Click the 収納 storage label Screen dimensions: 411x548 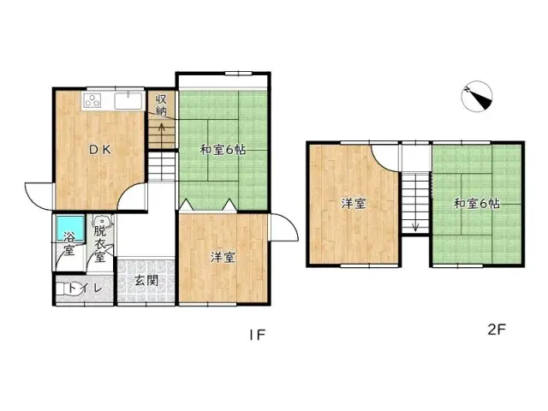click(x=161, y=105)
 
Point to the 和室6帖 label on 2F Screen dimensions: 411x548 click(x=477, y=204)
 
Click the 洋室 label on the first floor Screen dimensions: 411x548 click(x=223, y=257)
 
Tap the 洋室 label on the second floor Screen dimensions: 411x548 click(x=354, y=204)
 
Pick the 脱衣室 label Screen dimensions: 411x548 click(x=100, y=243)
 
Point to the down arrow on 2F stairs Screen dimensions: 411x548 click(x=415, y=224)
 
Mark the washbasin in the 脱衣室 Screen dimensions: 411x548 click(x=102, y=220)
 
